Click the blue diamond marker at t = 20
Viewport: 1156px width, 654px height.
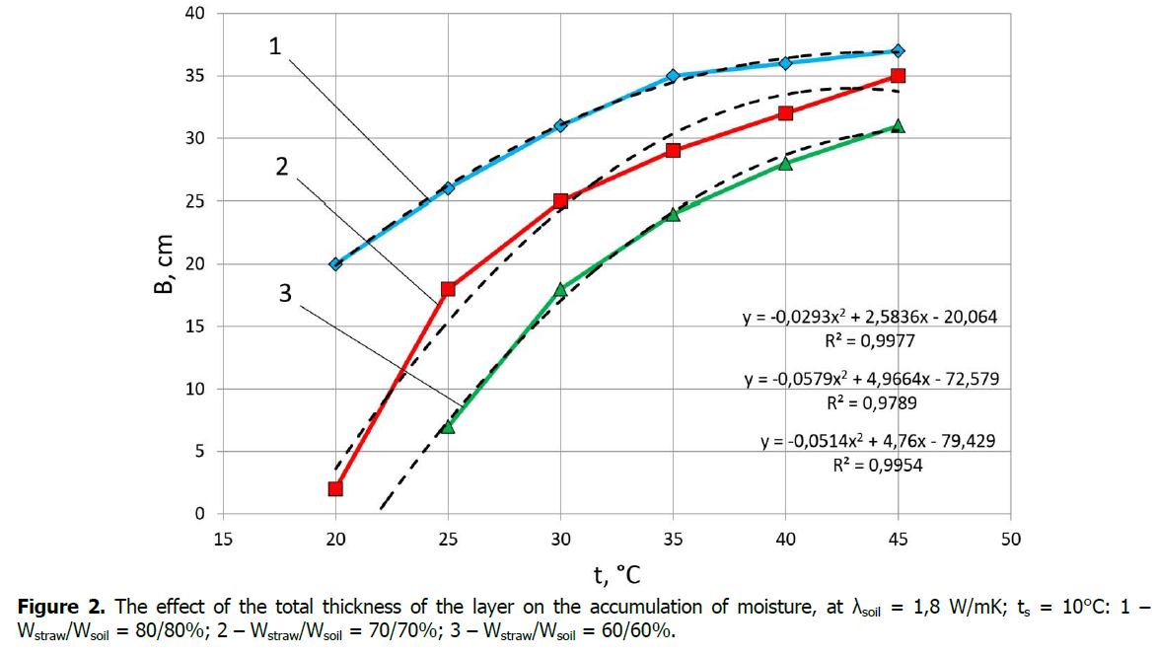coord(335,263)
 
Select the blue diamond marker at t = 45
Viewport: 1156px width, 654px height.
coord(898,50)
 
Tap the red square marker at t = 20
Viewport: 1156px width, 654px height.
coord(335,488)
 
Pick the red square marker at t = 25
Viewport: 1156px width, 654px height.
coord(448,289)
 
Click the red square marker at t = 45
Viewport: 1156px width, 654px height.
coord(898,76)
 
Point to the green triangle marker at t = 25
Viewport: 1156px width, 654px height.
coord(448,426)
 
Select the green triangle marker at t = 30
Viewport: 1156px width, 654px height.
coord(560,289)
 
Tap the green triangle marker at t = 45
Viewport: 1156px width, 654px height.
coord(898,126)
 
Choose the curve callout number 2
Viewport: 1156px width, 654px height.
coord(282,167)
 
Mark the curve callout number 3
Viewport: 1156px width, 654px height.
coord(284,293)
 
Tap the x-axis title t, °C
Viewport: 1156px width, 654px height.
coord(616,574)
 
